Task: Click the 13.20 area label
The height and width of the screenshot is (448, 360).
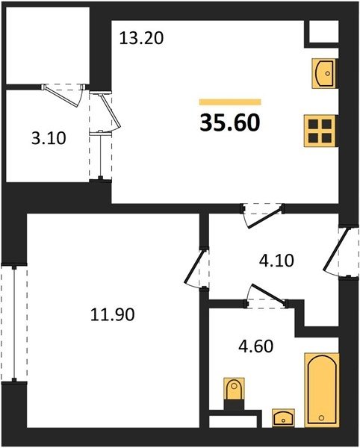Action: click(x=141, y=38)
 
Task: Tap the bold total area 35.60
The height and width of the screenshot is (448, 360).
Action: click(x=230, y=122)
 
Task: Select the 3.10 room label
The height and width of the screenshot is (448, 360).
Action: click(x=49, y=138)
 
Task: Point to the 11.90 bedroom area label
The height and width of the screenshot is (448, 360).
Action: click(x=112, y=314)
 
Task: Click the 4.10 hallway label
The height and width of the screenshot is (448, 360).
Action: click(x=276, y=261)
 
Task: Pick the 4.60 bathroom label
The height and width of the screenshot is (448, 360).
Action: click(x=255, y=346)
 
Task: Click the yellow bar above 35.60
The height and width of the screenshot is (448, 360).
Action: click(x=230, y=102)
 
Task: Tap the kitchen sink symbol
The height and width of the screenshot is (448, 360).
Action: click(x=324, y=73)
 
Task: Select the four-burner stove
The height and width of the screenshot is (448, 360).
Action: click(x=320, y=131)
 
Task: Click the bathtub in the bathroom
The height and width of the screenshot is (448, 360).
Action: click(x=321, y=390)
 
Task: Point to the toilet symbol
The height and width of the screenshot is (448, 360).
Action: click(x=234, y=390)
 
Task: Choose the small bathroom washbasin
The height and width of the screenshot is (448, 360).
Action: click(x=283, y=418)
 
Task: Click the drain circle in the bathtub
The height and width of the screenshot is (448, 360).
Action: click(x=321, y=417)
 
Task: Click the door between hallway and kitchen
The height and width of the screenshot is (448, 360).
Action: click(x=262, y=215)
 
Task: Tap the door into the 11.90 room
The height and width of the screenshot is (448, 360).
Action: click(x=197, y=269)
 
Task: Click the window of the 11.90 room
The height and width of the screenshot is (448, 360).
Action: click(x=14, y=323)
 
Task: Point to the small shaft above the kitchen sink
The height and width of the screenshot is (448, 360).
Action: click(x=324, y=31)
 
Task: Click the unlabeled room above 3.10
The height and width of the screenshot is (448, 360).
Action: click(x=48, y=46)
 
